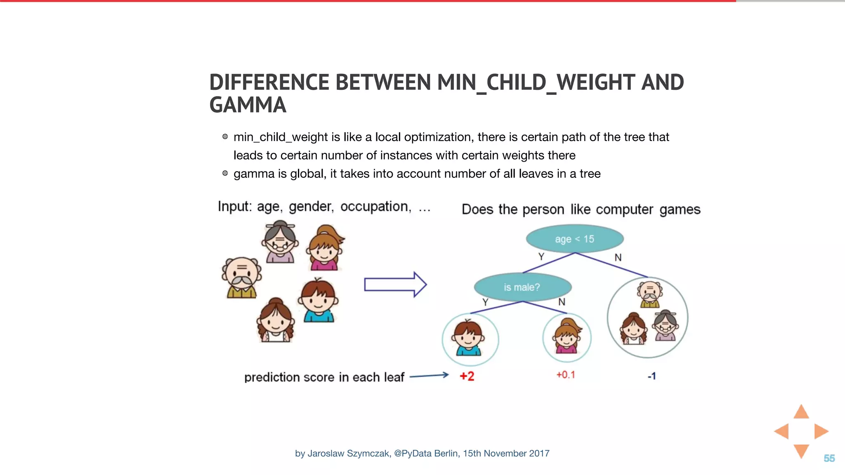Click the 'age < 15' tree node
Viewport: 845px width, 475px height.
click(x=574, y=239)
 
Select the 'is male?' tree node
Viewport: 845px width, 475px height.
click(x=522, y=287)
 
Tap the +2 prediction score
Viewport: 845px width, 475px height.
click(x=467, y=376)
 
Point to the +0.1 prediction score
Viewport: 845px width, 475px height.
click(x=566, y=375)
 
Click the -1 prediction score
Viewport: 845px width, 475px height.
click(x=651, y=376)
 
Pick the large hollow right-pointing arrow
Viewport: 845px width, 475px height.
click(x=395, y=284)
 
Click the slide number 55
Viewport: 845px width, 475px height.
click(x=829, y=458)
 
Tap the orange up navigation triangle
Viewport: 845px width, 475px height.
click(x=801, y=412)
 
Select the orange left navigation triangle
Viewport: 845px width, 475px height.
click(x=782, y=431)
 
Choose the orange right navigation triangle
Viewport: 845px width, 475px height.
click(x=820, y=431)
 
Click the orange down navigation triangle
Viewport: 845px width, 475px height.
click(x=801, y=450)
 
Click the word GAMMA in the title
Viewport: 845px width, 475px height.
click(x=248, y=105)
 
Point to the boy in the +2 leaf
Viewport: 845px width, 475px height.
click(x=469, y=338)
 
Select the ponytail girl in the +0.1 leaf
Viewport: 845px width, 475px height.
click(x=567, y=336)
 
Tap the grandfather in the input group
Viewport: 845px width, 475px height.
click(x=242, y=277)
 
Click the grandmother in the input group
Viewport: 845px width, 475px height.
click(x=280, y=242)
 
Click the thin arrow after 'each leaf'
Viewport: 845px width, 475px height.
click(x=429, y=376)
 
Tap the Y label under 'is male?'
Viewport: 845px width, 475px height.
click(x=485, y=302)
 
